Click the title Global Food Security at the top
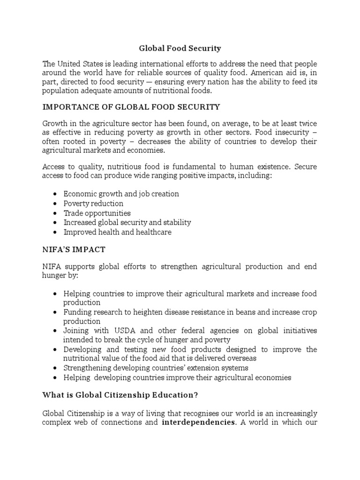pos(180,48)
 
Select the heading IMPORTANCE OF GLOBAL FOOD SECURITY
pos(131,107)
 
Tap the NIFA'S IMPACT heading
pos(74,250)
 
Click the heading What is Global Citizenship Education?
pos(120,395)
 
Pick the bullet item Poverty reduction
pos(93,203)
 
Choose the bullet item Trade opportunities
pos(97,213)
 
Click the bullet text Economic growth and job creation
pos(121,194)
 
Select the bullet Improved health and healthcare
pos(117,232)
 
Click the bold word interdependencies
pos(197,422)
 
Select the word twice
pos(307,123)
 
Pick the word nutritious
pos(124,165)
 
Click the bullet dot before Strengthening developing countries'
pos(56,368)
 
